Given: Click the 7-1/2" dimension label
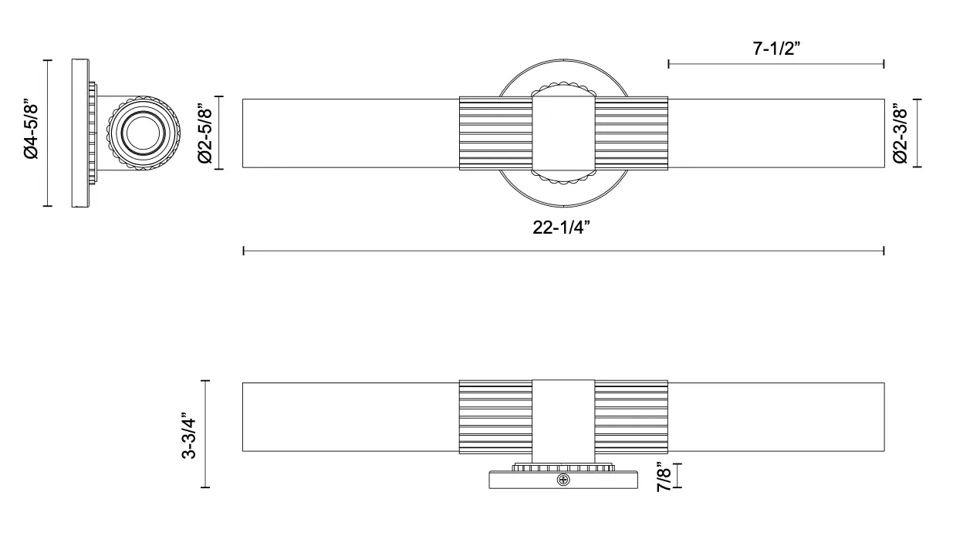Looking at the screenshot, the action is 776,49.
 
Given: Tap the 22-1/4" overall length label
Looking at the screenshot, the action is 561,228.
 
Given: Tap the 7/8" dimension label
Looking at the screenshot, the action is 664,477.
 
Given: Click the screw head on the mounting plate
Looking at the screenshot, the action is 563,480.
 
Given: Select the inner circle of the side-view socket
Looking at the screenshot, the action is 144,133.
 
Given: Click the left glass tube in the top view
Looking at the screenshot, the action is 351,133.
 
